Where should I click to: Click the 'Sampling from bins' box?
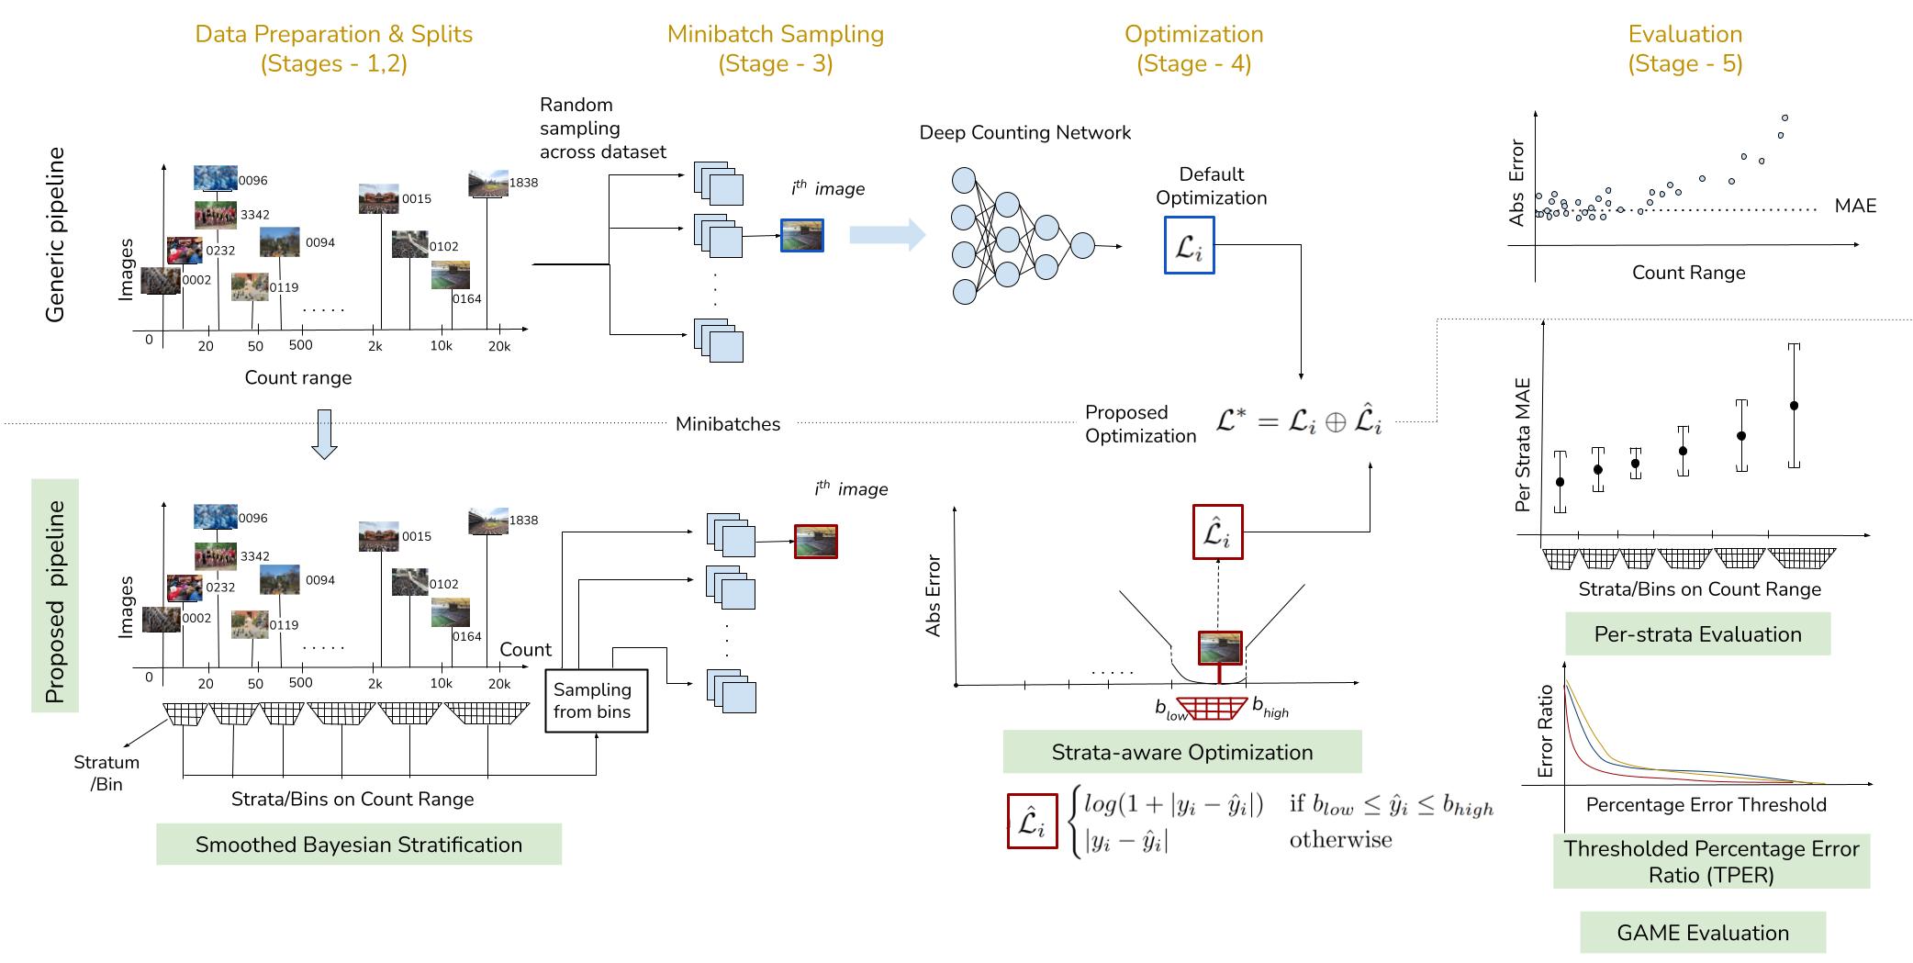pos(596,700)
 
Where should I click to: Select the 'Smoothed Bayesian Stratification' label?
pos(358,845)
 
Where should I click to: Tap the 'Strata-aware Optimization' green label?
pos(1181,752)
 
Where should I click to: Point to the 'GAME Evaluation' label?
pos(1702,933)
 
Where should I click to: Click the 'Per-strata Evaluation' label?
pos(1697,634)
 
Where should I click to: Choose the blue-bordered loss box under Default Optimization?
pos(1189,245)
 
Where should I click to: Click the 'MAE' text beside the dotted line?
pos(1854,206)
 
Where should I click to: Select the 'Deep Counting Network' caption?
pos(1024,133)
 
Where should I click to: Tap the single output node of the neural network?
pos(1083,246)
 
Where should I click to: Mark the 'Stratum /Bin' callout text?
pos(106,773)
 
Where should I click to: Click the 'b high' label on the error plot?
pos(1270,710)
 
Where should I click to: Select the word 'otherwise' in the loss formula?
pos(1340,840)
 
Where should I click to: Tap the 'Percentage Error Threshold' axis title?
pos(1706,805)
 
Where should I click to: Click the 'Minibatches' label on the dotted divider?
pos(727,424)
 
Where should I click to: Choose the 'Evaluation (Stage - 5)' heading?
pos(1684,49)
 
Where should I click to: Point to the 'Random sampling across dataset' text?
pos(602,129)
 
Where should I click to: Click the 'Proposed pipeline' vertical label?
pos(55,601)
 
